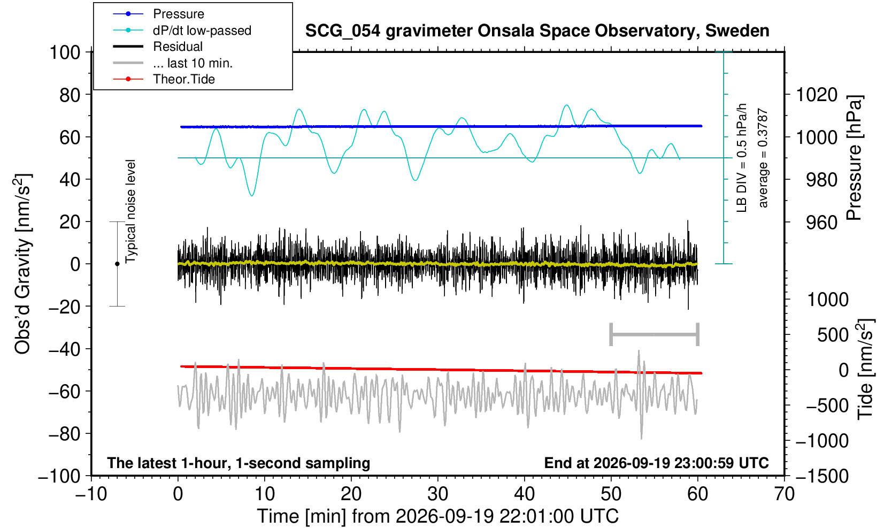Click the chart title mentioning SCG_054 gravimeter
coord(537,30)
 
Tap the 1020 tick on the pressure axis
coord(817,95)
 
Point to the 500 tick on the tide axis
coord(833,335)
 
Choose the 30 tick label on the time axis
coord(437,494)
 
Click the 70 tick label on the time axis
coord(784,494)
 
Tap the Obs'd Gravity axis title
coord(22,264)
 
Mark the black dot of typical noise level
coord(117,264)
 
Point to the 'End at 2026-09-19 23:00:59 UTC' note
coord(656,463)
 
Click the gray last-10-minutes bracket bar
coord(655,334)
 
